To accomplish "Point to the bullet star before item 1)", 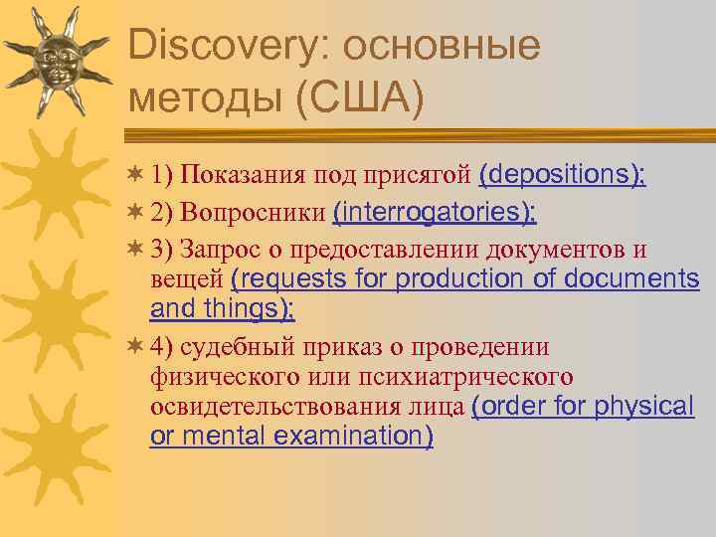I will [x=137, y=176].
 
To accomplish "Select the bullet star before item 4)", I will [x=137, y=347].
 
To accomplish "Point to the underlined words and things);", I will [x=222, y=309].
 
